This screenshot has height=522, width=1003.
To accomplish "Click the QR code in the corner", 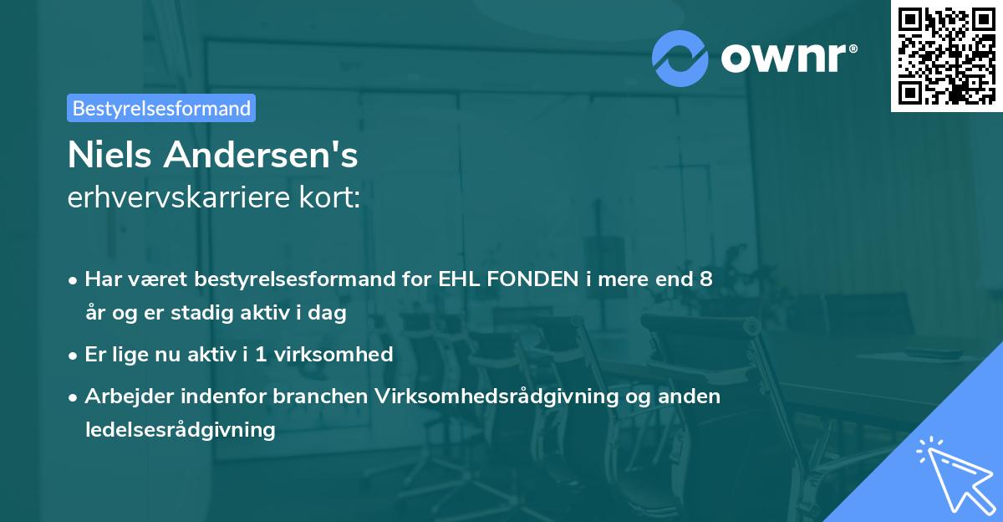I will click(x=946, y=56).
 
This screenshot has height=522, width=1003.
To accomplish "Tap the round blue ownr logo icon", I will click(x=680, y=58).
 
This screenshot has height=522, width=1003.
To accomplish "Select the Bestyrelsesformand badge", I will click(x=161, y=108).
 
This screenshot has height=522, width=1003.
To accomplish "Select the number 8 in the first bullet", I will click(x=706, y=279).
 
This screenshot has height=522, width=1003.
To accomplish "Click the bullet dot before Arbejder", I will click(x=74, y=397).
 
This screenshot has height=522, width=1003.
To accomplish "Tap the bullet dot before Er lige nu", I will click(x=74, y=355).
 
